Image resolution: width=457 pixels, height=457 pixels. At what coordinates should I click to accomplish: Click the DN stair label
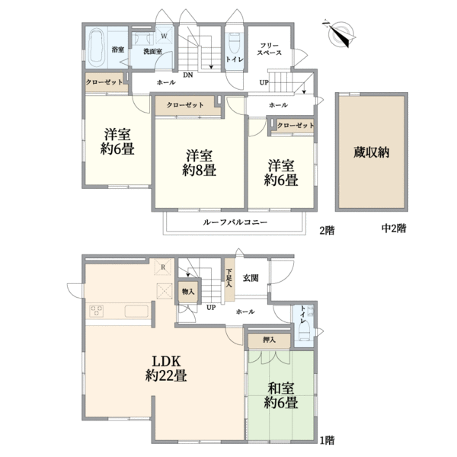187,75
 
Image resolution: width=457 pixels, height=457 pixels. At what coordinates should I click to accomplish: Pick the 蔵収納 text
371,152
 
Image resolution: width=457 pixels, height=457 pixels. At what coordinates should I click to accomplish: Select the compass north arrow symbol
340,33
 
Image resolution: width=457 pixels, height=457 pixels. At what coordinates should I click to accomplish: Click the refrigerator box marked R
163,267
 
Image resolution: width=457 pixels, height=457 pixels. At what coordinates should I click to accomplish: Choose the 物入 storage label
187,289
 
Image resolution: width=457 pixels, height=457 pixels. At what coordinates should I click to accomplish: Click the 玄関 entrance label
250,278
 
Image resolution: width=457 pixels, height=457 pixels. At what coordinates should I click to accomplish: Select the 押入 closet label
259,339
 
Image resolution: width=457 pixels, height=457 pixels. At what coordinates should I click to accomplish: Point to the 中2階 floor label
394,228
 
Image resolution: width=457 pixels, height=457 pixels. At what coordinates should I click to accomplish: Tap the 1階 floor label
327,439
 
